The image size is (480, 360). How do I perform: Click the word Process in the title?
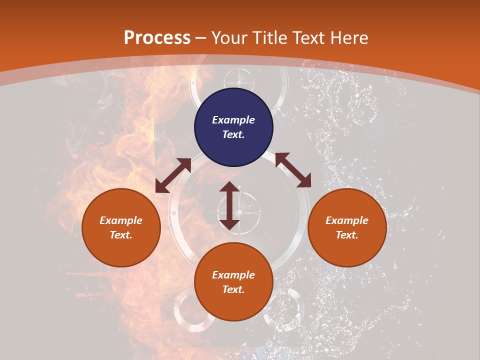tap(157, 37)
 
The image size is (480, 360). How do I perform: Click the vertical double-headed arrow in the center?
tap(229, 205)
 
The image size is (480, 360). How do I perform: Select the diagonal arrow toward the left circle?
tap(173, 175)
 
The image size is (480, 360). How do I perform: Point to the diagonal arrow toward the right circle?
tap(293, 170)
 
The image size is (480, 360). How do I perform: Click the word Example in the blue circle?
tap(233, 120)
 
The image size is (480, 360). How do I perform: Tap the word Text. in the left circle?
tap(121, 235)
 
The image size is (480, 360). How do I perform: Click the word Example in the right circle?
tap(347, 220)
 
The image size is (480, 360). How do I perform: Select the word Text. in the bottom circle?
tap(233, 289)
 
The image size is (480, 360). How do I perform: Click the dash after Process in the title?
tap(201, 38)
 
